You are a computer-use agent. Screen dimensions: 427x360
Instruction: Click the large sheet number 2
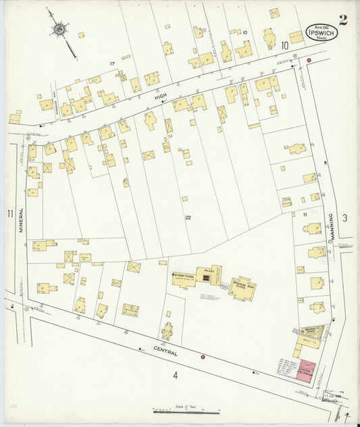point(343,20)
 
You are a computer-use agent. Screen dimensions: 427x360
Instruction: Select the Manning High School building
point(241,287)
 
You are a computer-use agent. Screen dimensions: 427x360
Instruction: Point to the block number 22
point(188,218)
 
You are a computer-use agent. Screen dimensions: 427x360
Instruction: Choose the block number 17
point(113,64)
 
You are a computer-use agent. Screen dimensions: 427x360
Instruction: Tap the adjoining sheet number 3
point(344,217)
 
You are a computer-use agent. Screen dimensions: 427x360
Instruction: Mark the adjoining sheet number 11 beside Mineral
point(9,214)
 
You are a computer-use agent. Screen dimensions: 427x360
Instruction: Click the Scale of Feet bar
point(186,411)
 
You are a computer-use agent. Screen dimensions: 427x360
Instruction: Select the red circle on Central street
point(202,356)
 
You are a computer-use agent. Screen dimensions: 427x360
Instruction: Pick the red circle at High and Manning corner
point(309,61)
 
